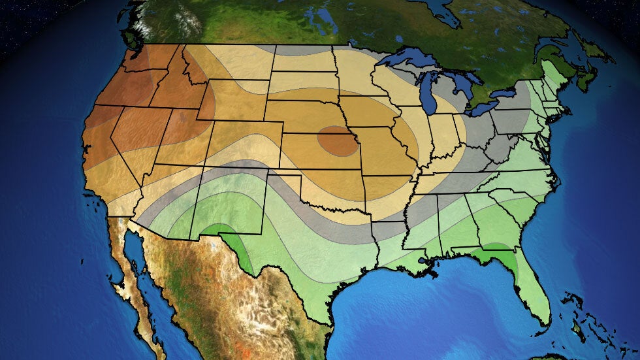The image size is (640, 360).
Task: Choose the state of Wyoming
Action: click(232, 101)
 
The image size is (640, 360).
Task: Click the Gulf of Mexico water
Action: click(418, 307)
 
